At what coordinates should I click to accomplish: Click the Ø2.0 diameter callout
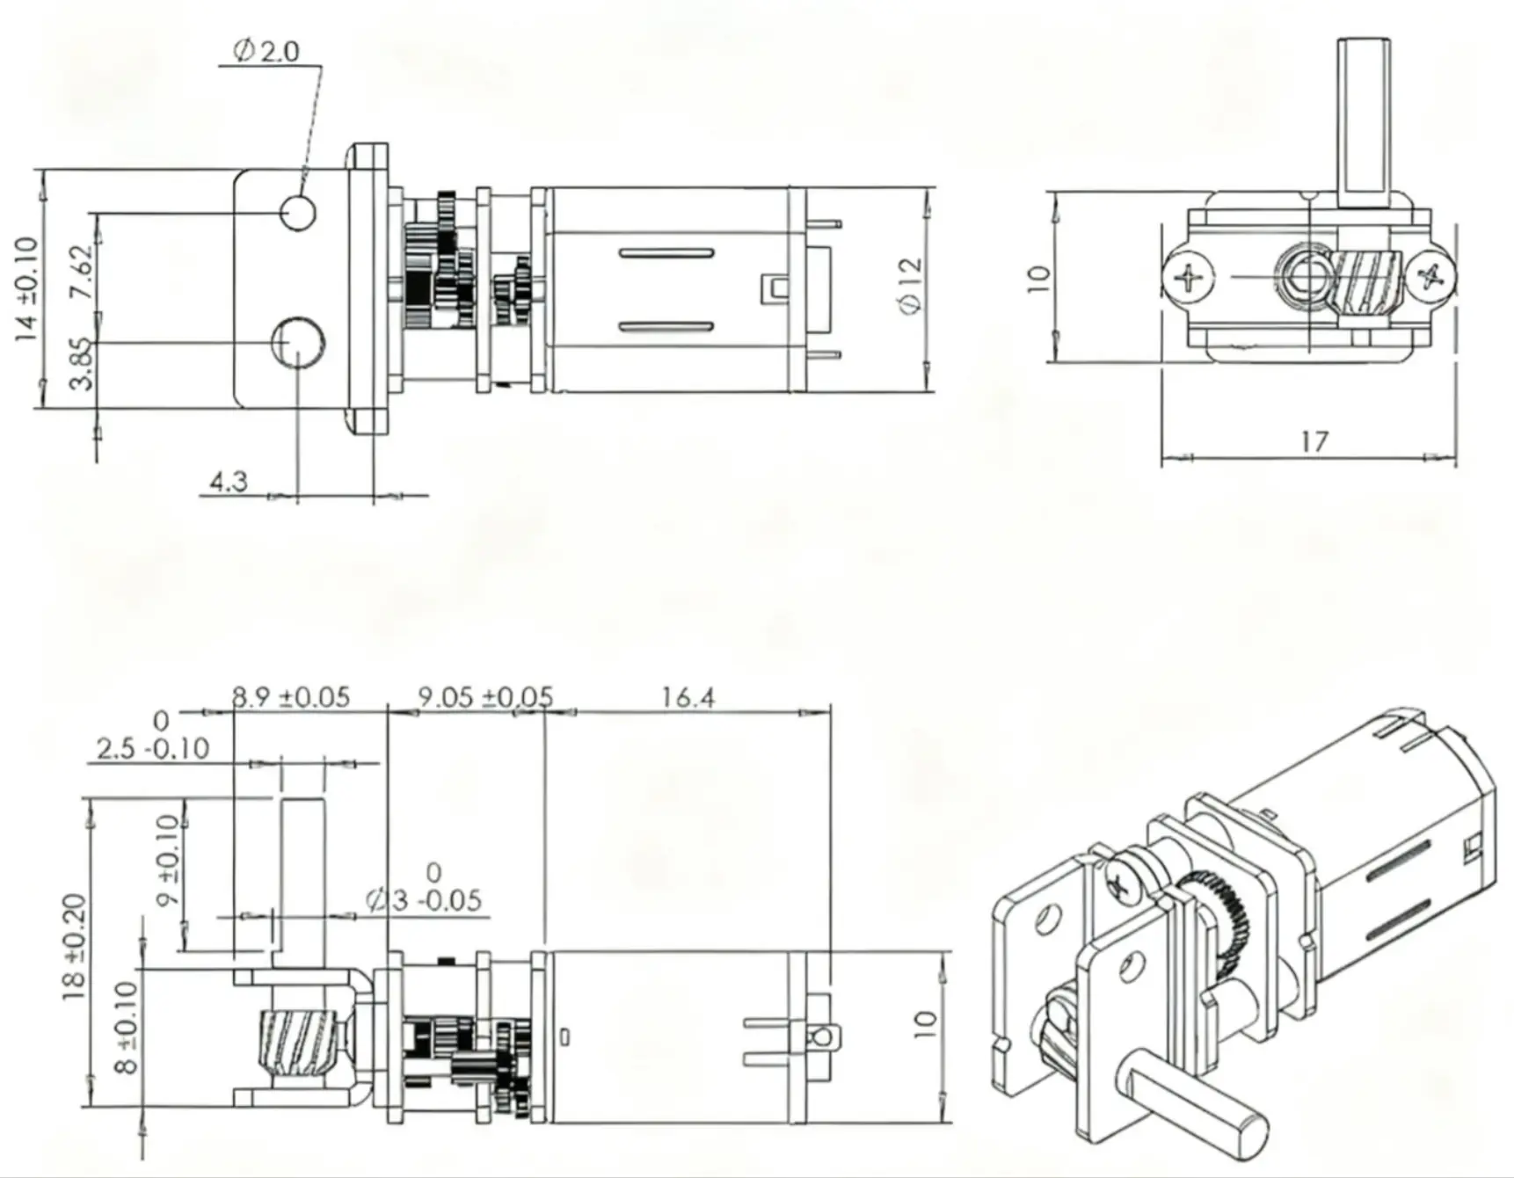(x=266, y=51)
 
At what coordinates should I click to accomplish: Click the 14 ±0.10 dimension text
(x=27, y=288)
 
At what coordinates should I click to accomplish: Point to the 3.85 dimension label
(x=81, y=363)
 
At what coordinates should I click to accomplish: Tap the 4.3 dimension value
(x=228, y=482)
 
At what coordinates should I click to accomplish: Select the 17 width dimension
(x=1314, y=441)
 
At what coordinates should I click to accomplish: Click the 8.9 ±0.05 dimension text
(x=291, y=697)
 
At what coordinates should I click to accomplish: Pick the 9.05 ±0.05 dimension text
(x=484, y=697)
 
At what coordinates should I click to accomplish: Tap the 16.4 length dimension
(x=688, y=697)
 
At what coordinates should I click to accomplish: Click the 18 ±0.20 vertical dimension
(x=76, y=947)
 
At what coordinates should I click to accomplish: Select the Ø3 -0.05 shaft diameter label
(x=425, y=900)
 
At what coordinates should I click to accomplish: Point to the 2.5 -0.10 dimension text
(x=153, y=749)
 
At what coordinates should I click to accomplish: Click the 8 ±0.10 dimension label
(x=127, y=1027)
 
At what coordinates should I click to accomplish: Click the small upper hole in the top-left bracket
(x=298, y=212)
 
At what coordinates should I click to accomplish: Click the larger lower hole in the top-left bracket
(x=298, y=343)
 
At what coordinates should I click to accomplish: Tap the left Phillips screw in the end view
(x=1189, y=279)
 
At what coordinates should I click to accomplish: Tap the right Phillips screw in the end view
(x=1430, y=279)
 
